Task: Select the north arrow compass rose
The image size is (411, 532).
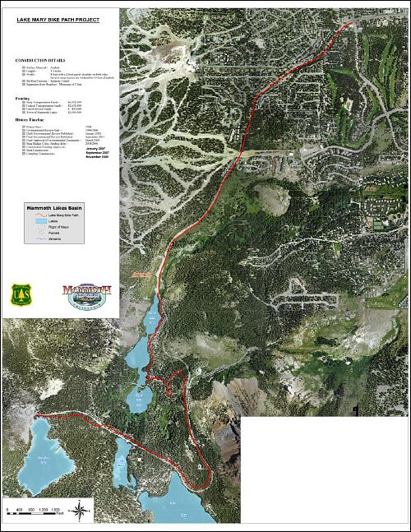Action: point(79,512)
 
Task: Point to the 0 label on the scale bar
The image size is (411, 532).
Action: point(7,511)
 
